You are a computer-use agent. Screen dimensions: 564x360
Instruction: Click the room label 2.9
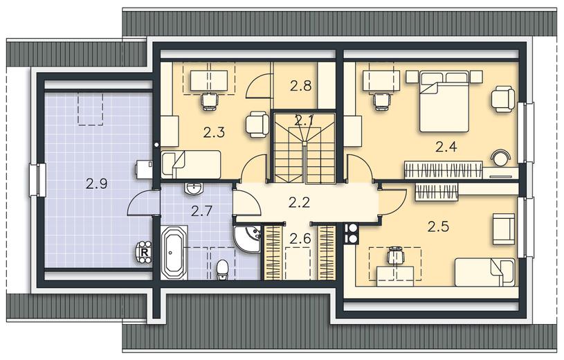coord(97,184)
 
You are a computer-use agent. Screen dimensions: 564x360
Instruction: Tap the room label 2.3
coord(214,132)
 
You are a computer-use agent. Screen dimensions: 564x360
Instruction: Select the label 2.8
coord(301,86)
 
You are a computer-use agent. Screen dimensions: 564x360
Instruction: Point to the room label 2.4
coord(446,147)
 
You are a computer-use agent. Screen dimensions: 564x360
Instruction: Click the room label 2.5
coord(439,227)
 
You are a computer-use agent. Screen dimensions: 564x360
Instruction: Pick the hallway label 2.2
coord(299,203)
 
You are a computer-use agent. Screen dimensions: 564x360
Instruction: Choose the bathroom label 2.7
coord(202,211)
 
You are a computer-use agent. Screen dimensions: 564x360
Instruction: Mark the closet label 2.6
coord(300,238)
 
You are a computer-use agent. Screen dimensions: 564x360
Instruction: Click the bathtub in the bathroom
coord(174,253)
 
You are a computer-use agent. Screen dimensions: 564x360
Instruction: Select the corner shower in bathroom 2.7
coord(247,239)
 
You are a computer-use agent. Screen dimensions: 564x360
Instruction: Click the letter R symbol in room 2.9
coord(145,252)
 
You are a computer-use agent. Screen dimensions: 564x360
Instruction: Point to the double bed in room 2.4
coord(444,101)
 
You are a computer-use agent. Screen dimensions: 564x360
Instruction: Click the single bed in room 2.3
coord(191,165)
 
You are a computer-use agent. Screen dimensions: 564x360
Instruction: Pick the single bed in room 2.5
coord(484,272)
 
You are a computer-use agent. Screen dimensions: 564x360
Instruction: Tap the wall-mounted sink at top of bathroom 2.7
coord(194,188)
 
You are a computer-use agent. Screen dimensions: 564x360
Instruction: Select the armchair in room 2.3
coord(257,125)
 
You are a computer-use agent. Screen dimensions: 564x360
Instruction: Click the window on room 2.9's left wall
coord(37,180)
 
